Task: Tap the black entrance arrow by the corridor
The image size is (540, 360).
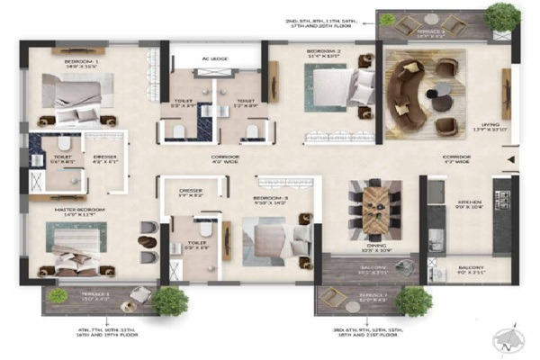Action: (510, 163)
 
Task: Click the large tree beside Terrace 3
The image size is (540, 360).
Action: (501, 17)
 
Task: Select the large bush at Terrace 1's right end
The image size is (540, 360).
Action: (169, 300)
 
